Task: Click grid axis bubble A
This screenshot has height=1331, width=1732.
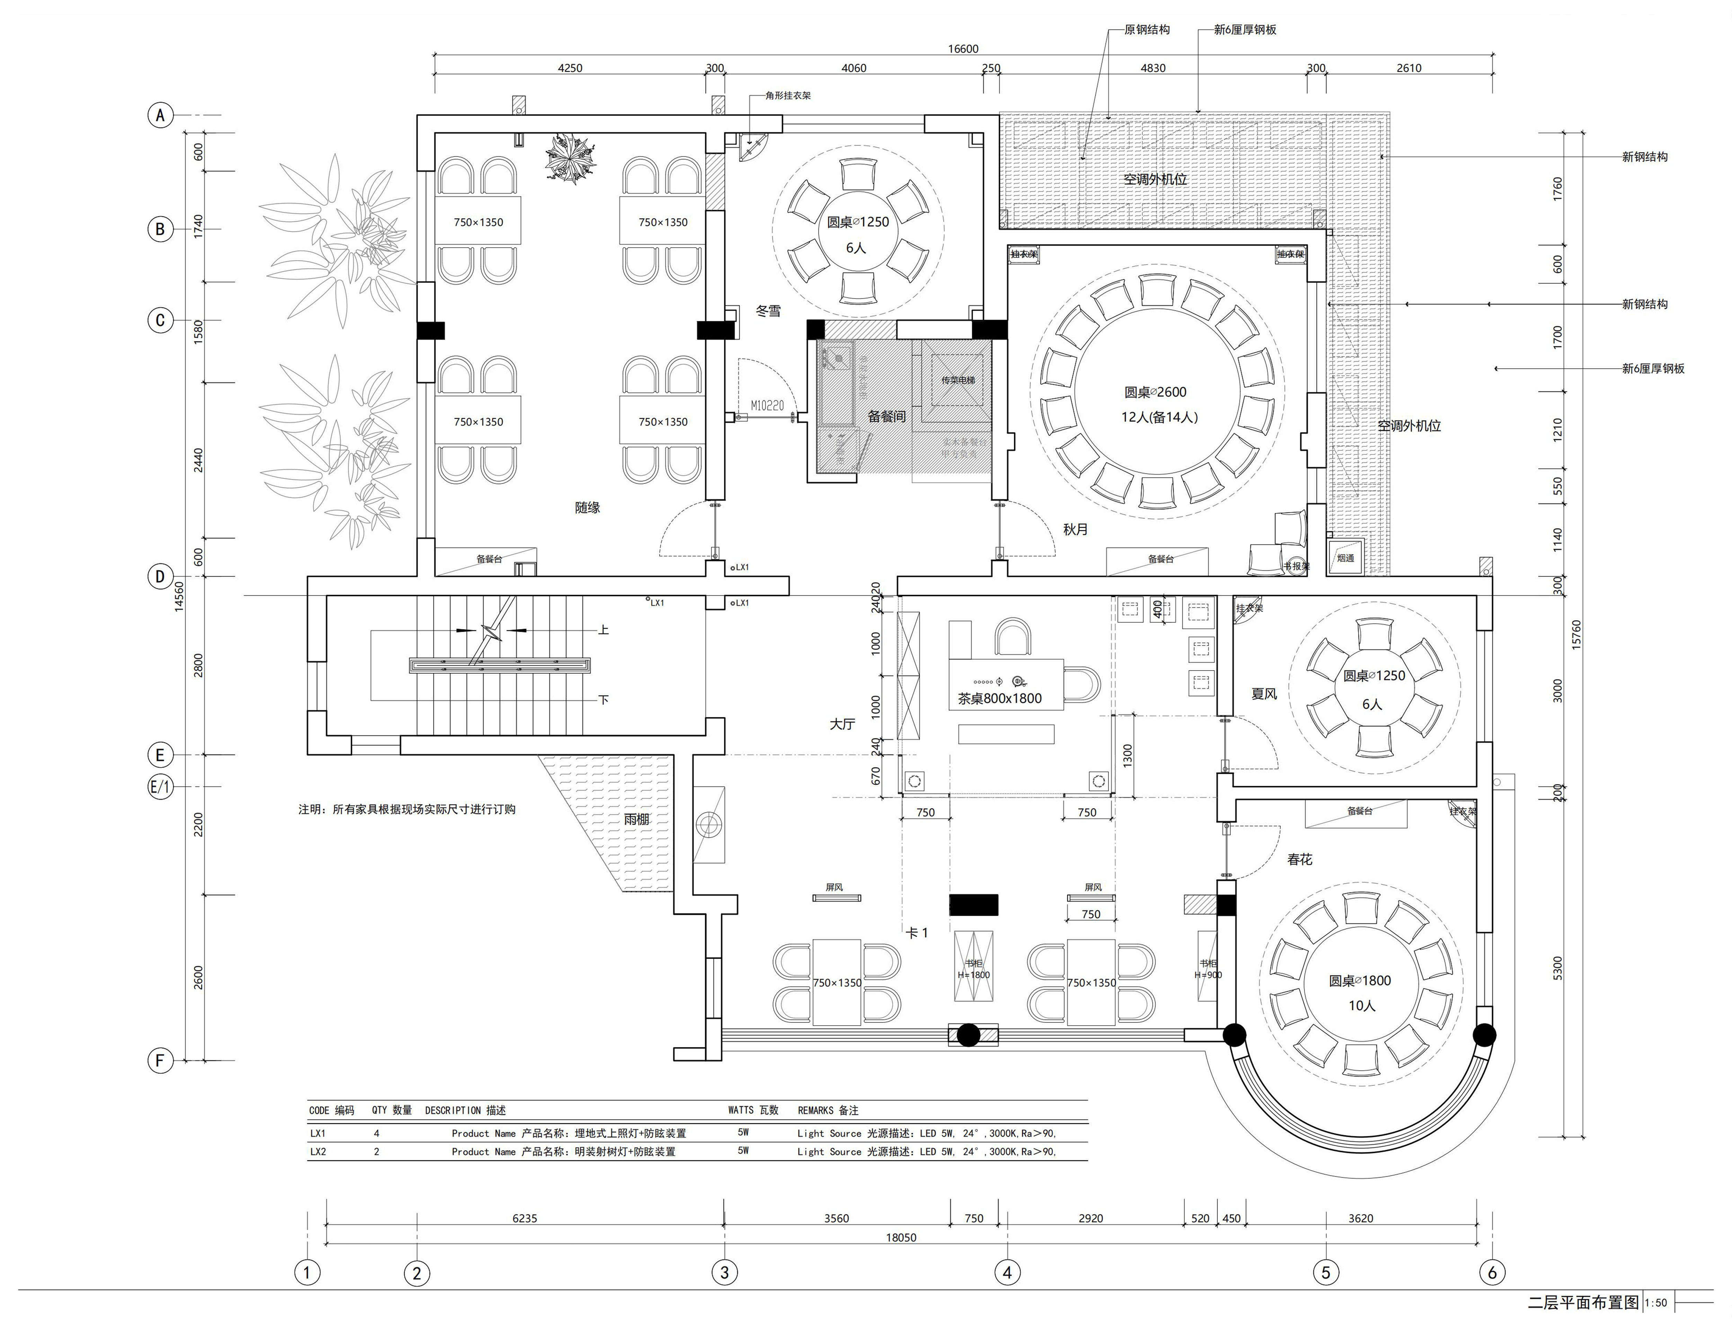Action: [160, 116]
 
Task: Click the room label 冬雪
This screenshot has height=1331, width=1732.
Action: [768, 311]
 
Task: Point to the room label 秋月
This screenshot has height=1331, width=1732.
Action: [1075, 529]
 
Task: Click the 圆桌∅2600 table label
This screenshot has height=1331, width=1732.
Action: [1155, 392]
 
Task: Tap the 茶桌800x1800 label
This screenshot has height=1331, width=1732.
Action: [999, 699]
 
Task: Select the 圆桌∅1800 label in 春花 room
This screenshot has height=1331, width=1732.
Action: [1360, 981]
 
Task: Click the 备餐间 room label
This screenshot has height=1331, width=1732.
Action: [886, 416]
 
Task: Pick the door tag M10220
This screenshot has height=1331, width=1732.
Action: [767, 406]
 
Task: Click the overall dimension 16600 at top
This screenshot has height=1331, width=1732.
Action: [963, 49]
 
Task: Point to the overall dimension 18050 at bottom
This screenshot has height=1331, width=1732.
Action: [901, 1237]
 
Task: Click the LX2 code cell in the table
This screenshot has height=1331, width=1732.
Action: [318, 1152]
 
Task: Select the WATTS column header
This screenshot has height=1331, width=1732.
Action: [753, 1111]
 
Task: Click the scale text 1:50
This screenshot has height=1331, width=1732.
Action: [1655, 1303]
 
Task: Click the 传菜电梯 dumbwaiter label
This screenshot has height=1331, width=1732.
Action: [958, 380]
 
